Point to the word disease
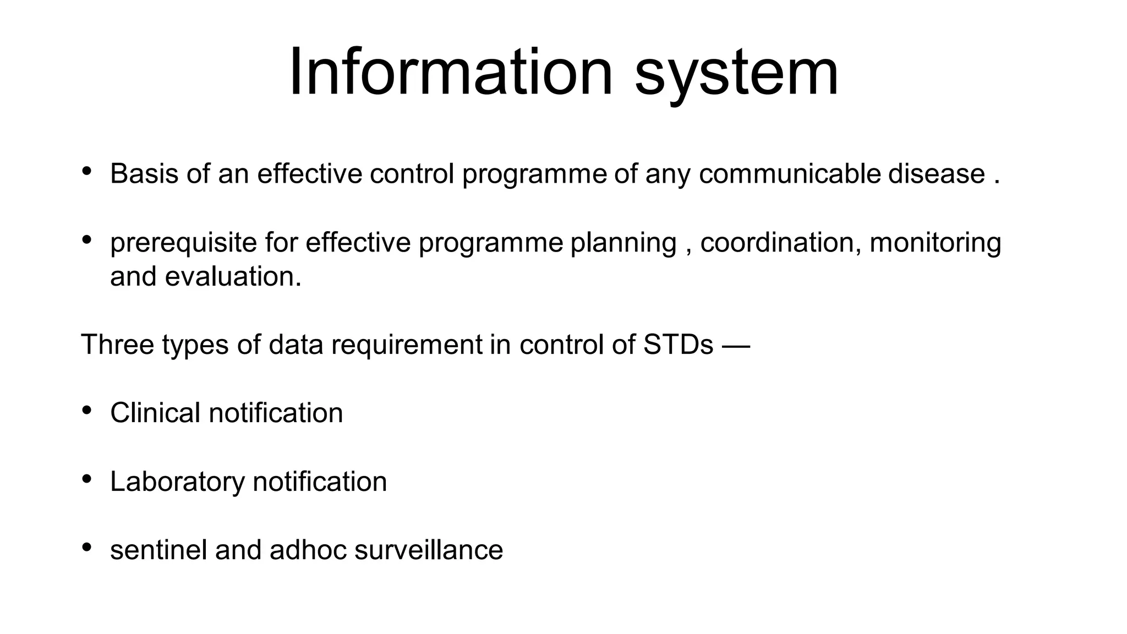point(936,174)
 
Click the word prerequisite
point(183,243)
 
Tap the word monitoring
point(935,243)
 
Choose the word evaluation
point(233,276)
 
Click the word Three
point(117,345)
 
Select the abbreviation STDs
point(677,345)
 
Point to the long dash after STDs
point(736,346)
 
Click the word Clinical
point(155,413)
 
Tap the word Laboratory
point(177,482)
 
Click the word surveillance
point(429,550)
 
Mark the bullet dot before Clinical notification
point(86,411)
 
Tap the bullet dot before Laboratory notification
point(86,479)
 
